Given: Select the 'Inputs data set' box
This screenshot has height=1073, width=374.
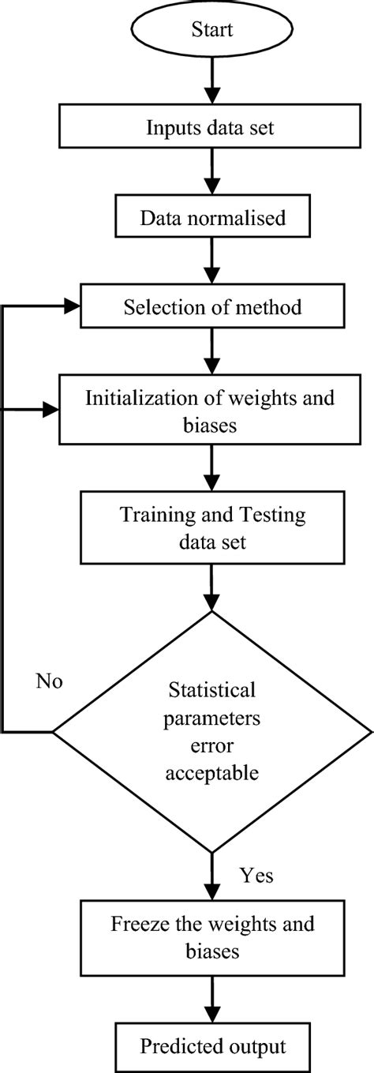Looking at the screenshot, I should pyautogui.click(x=211, y=126).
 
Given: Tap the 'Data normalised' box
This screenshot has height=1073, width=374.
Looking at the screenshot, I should pyautogui.click(x=211, y=217).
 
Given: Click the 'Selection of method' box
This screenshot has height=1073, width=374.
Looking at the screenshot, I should pyautogui.click(x=211, y=307).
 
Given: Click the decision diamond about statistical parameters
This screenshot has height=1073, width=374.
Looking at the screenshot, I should pyautogui.click(x=211, y=731).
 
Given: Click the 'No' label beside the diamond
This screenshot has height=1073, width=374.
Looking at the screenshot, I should pyautogui.click(x=49, y=681).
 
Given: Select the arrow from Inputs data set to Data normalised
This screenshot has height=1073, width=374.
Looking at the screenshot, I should pyautogui.click(x=211, y=173).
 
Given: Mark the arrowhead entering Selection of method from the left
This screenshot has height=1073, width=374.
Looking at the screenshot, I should pyautogui.click(x=71, y=307).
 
